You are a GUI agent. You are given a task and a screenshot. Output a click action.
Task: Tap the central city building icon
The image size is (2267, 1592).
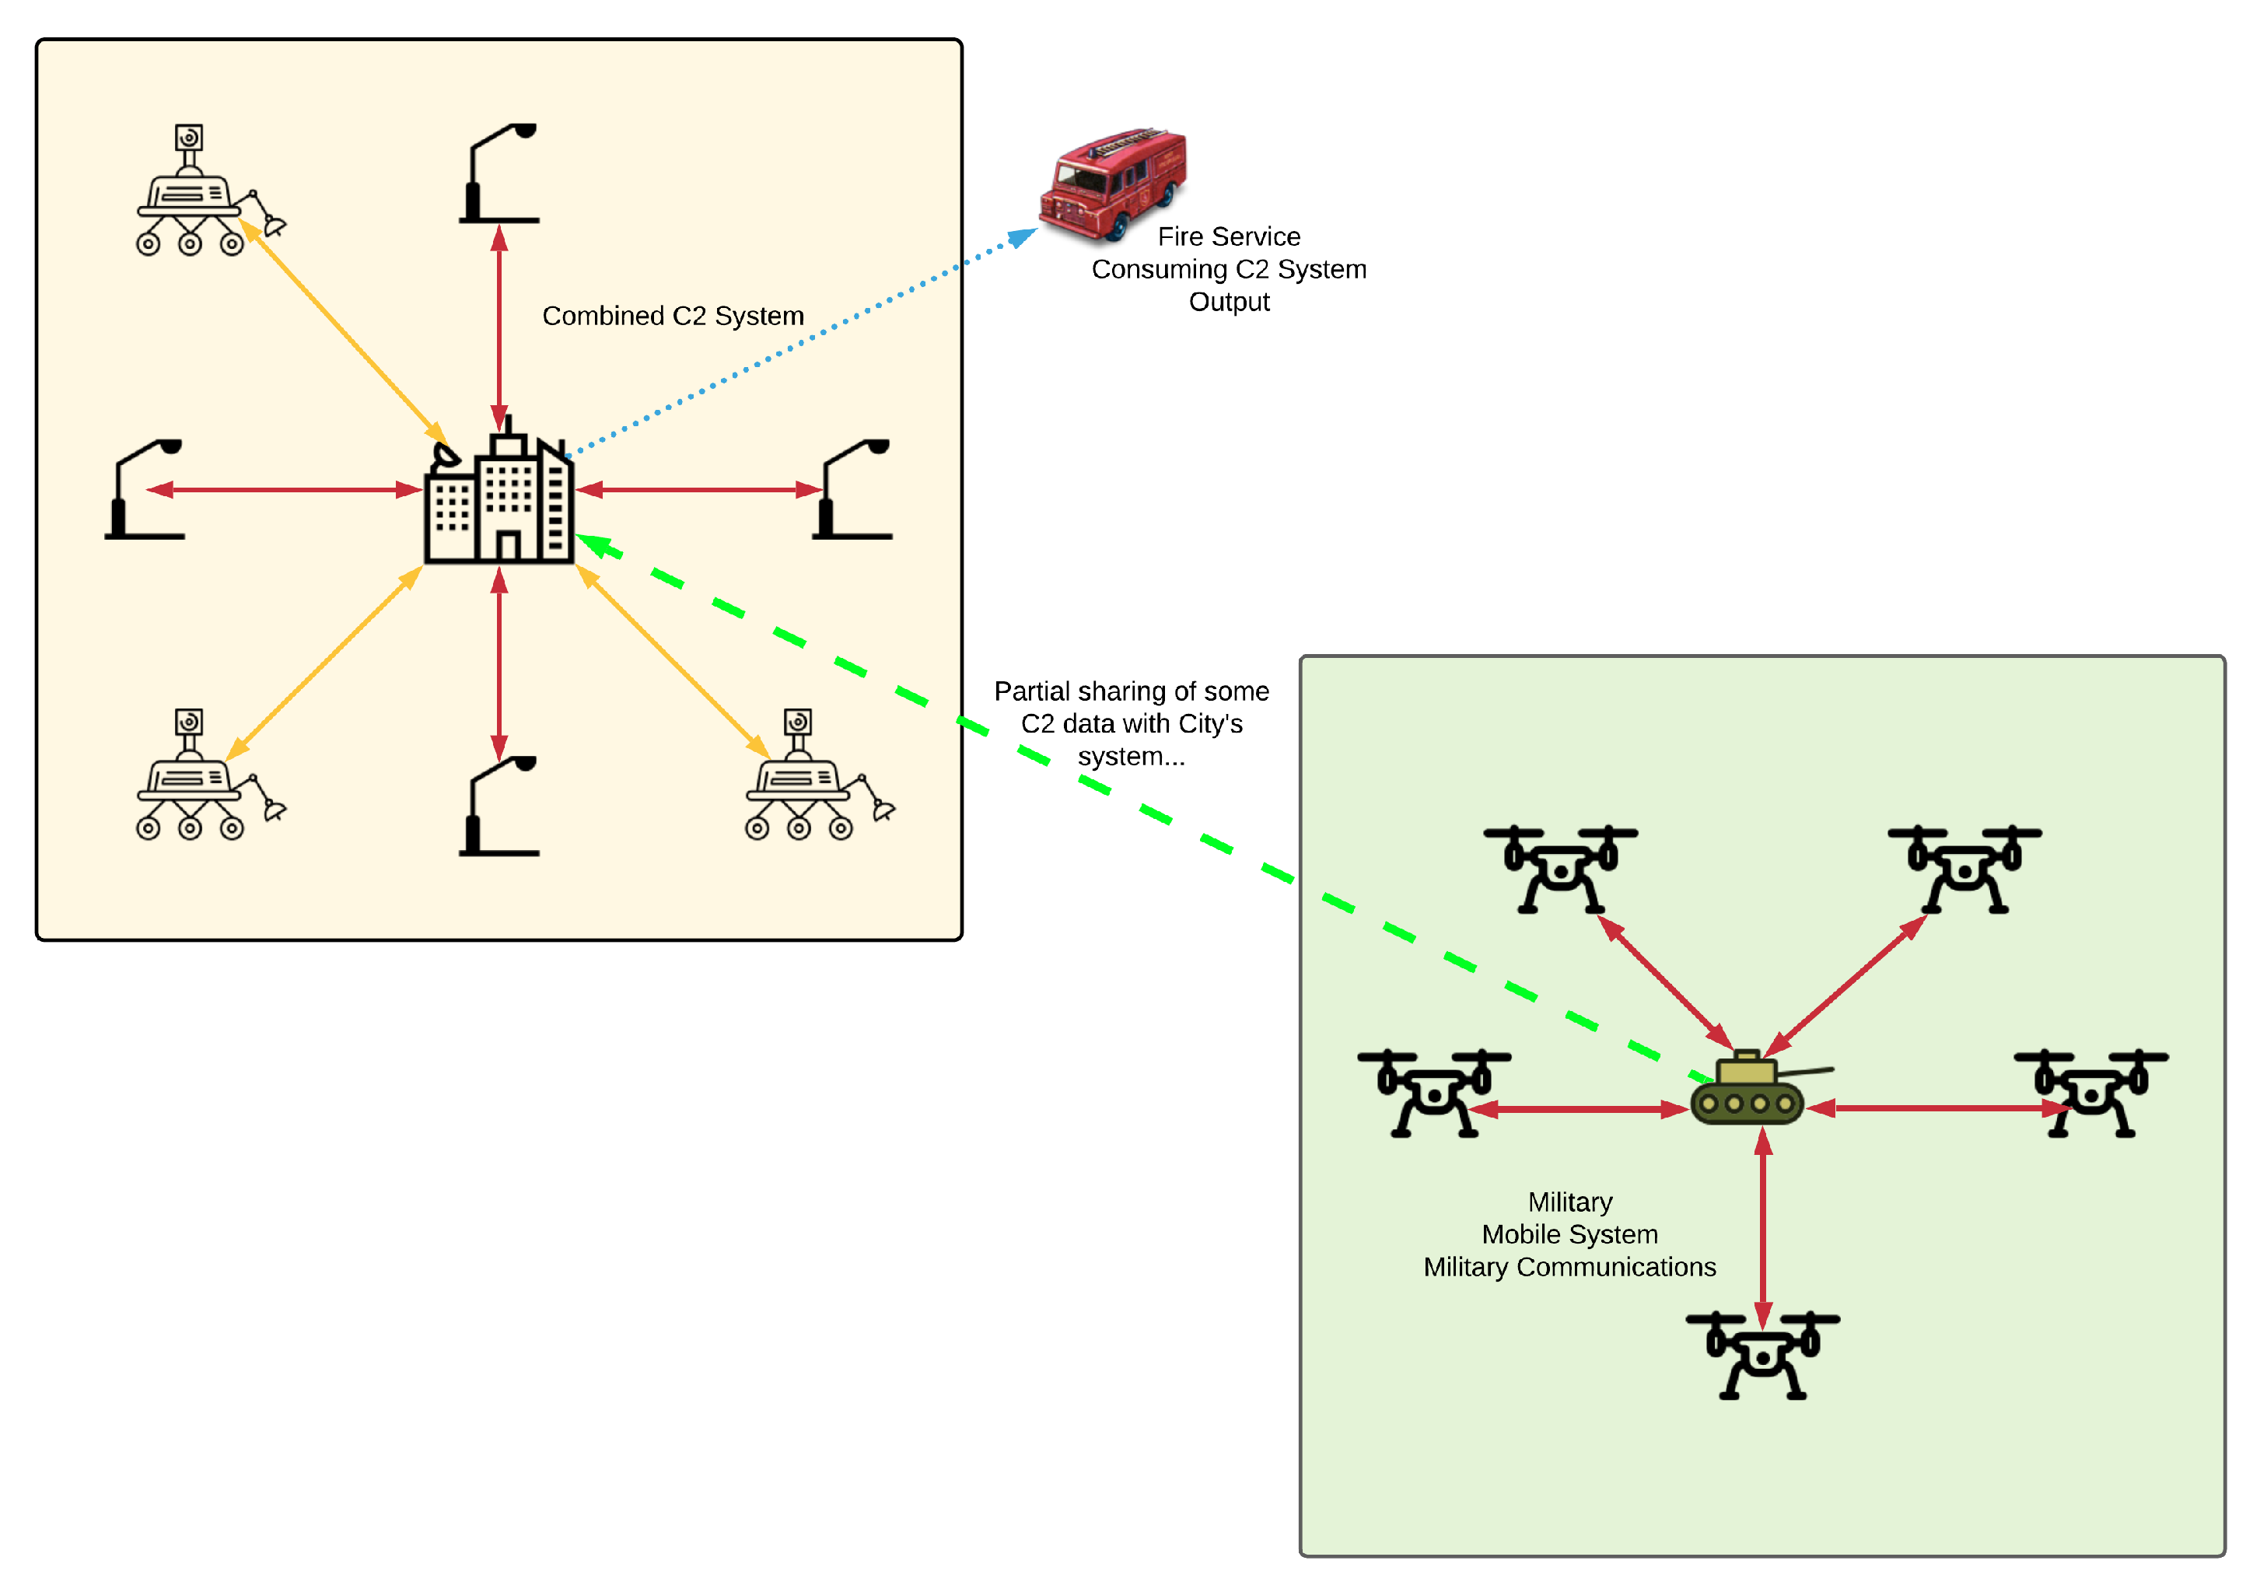(499, 499)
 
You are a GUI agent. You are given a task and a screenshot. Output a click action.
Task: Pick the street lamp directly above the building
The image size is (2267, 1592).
(499, 173)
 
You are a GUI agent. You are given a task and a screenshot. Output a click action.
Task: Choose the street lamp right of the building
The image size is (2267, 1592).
(853, 489)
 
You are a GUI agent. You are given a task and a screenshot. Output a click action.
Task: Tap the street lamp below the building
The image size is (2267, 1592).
(499, 805)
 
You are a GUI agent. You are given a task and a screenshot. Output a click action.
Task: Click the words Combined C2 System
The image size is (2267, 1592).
(673, 316)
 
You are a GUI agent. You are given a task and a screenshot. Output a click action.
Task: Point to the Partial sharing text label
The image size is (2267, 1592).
(1132, 723)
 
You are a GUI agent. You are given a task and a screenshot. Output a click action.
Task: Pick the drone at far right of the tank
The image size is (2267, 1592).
(2091, 1092)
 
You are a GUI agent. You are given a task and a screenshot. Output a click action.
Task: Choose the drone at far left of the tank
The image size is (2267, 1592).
(1433, 1092)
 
